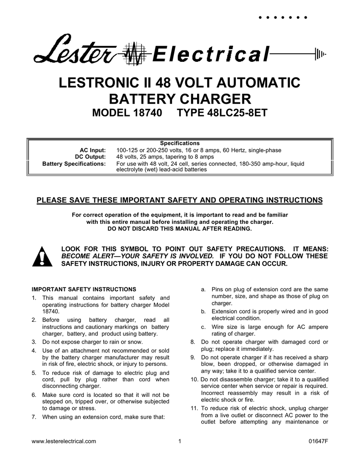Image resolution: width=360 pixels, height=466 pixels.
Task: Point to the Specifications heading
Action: point(180,143)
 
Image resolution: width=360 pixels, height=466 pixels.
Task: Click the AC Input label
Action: point(93,150)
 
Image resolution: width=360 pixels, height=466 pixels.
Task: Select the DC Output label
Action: point(91,157)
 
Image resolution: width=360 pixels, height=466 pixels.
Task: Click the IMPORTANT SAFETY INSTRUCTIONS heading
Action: point(84,289)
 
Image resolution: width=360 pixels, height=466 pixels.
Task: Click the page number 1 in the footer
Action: point(180,442)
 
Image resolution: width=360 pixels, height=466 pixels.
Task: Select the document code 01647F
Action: point(318,442)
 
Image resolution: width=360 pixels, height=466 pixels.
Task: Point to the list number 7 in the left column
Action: point(34,416)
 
